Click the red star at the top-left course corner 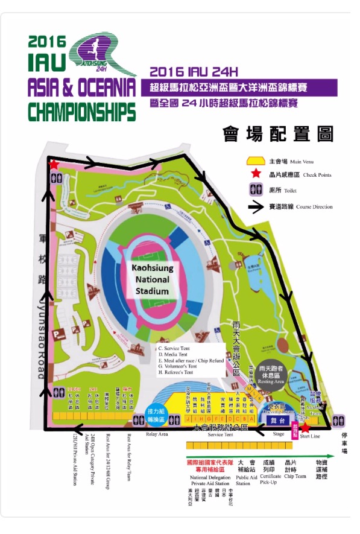click(54, 164)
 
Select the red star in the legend click(257, 175)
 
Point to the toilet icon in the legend click(257, 190)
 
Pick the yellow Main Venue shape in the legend click(257, 161)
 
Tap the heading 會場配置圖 click(277, 133)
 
